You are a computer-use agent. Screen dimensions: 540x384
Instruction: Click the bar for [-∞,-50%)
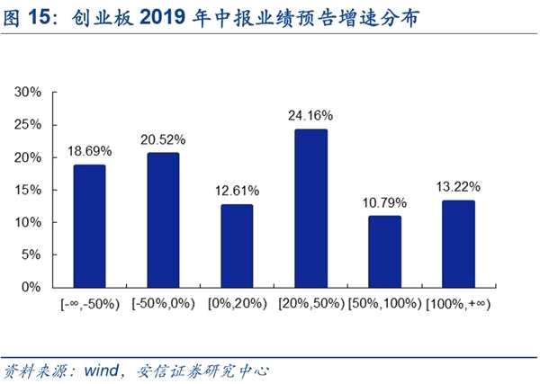89,226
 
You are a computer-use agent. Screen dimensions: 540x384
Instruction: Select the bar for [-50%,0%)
163,220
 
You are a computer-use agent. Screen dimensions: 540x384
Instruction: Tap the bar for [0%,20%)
237,246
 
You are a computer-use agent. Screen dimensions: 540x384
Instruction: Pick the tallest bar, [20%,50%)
311,209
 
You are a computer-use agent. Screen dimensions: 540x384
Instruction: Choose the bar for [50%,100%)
384,252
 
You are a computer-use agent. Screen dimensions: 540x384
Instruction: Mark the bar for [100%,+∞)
458,244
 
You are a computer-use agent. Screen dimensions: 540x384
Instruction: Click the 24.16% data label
310,116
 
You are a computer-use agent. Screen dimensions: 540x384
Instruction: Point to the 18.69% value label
89,151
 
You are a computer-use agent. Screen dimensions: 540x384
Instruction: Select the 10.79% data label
384,202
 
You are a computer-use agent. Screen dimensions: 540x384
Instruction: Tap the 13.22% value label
458,187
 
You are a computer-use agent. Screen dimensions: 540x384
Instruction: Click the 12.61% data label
238,191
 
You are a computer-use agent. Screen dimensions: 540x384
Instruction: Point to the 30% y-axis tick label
28,92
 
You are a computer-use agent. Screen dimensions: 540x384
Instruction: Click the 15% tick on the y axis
28,190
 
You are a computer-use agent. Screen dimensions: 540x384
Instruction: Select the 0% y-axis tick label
31,287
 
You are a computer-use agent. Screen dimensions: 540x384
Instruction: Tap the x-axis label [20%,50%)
311,304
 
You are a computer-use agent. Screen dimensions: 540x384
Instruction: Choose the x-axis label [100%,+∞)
458,304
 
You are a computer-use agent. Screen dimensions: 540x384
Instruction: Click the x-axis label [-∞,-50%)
90,304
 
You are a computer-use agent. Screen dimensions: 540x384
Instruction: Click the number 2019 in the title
163,17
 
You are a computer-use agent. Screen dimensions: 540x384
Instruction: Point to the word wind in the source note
102,371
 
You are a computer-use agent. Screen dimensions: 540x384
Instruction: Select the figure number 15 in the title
40,17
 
